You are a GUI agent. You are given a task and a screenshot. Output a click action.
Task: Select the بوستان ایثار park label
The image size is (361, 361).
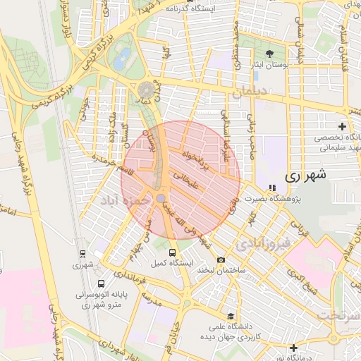[x=269, y=65]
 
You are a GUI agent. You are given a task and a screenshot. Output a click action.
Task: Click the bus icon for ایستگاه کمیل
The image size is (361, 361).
[x=173, y=252]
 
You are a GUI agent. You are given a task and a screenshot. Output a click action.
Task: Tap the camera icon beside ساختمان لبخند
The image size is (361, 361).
[x=221, y=259]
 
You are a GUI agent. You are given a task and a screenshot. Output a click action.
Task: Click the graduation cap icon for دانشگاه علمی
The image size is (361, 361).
[x=230, y=316]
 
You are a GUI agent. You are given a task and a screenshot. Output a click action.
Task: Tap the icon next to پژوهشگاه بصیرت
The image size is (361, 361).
[x=272, y=188]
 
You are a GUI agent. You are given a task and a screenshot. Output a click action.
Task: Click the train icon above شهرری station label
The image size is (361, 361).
[x=82, y=255]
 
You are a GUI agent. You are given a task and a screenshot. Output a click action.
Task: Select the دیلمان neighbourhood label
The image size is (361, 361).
[x=251, y=91]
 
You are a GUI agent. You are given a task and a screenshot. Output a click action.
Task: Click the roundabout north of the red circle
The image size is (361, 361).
[x=146, y=90]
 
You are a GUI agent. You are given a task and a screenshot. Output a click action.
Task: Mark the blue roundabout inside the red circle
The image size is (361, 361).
[x=161, y=198]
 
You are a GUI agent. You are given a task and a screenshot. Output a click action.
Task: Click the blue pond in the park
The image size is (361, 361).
[x=123, y=56]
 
